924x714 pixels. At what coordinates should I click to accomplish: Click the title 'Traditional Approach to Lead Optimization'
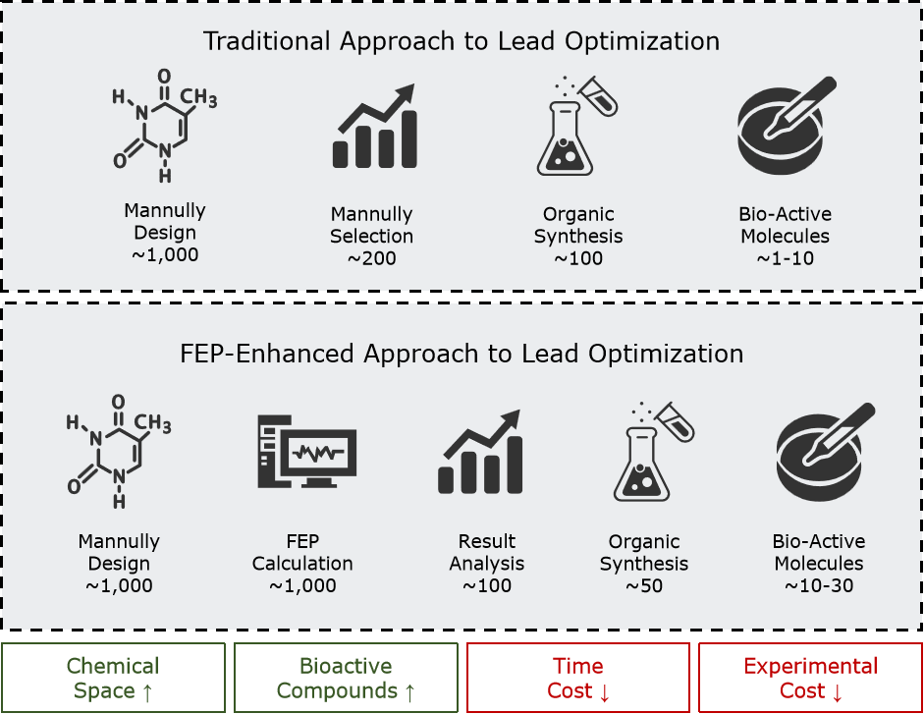pos(461,41)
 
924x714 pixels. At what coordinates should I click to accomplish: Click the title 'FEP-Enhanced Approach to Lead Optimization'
pos(461,353)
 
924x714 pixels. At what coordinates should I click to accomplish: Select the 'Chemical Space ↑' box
pos(113,678)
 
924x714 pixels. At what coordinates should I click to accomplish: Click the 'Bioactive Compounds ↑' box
pos(346,678)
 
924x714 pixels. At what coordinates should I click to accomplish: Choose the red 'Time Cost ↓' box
pos(577,678)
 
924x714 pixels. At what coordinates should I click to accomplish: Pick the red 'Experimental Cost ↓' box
pos(810,678)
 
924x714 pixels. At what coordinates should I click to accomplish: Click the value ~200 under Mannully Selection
pos(371,259)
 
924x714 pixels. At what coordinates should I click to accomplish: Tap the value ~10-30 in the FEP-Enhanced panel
pos(818,586)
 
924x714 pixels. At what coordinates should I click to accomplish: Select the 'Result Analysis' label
pos(487,553)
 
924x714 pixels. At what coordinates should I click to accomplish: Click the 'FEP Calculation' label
pos(302,553)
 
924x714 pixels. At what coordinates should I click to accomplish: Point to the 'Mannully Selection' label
pos(371,225)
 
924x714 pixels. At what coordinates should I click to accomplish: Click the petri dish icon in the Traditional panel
pos(786,126)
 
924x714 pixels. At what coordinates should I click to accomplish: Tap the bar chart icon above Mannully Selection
pos(374,127)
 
